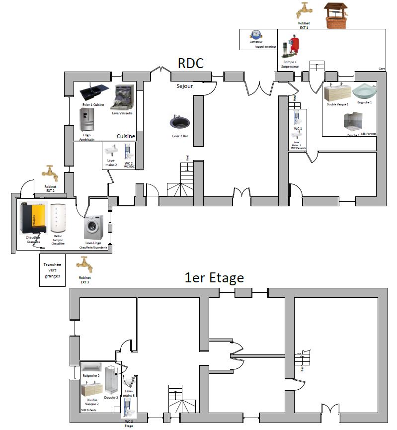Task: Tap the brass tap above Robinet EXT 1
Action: point(304,10)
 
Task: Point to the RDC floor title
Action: point(191,64)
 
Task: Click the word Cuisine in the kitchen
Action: point(126,136)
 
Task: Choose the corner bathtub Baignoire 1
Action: point(365,92)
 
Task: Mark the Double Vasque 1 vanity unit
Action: point(337,93)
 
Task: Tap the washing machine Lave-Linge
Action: point(93,227)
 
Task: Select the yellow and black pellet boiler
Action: point(33,219)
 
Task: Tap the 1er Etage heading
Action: point(214,278)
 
